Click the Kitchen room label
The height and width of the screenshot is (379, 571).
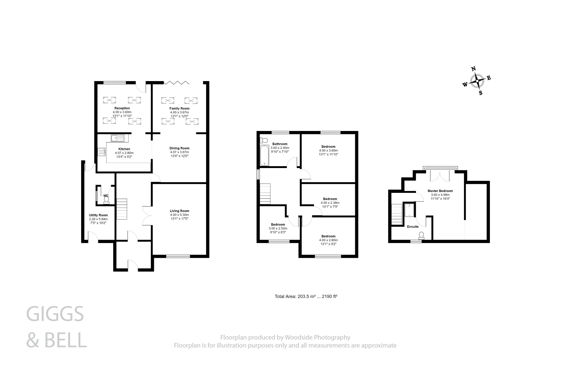pos(124,149)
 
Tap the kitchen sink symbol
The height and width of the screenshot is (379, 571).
pos(118,138)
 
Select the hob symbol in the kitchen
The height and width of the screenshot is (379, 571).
pos(101,152)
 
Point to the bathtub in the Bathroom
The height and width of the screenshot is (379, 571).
pos(264,156)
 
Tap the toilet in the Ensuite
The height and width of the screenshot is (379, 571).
pos(421,236)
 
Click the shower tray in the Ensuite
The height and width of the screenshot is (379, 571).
pos(409,210)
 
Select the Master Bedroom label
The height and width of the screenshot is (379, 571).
pos(440,191)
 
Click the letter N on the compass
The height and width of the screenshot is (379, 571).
pos(473,69)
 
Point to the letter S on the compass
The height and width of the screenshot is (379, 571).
pos(481,93)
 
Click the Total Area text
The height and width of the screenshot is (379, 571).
pos(306,297)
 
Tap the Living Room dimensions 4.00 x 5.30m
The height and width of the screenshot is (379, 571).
pos(179,215)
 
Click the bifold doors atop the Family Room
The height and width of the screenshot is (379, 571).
pos(176,82)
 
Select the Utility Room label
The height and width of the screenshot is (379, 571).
pos(98,215)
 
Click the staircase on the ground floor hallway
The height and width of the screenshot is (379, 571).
pos(122,209)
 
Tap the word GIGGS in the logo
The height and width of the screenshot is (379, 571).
pos(55,314)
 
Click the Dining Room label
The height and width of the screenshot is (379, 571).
pos(179,148)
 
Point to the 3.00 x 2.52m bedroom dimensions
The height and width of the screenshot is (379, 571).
pos(278,228)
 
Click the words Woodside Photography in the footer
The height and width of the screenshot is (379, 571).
pos(317,337)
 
